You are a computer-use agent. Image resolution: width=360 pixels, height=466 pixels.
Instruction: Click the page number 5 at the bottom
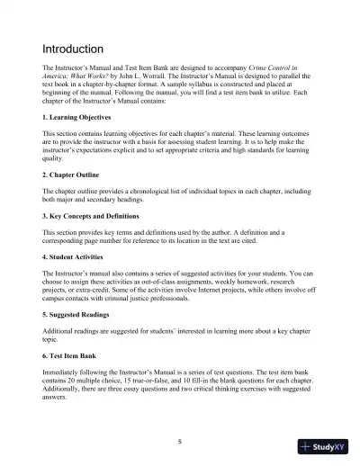tap(180, 441)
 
